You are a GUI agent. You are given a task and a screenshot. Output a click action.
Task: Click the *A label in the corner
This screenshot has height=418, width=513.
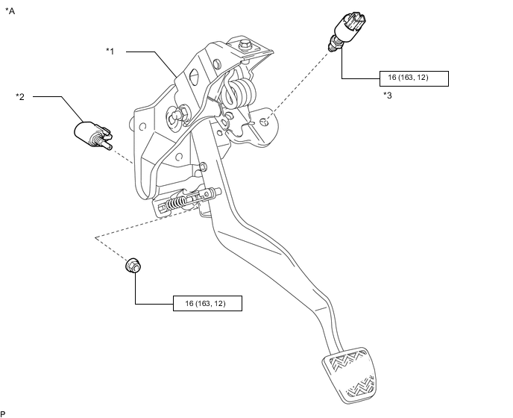click(x=10, y=10)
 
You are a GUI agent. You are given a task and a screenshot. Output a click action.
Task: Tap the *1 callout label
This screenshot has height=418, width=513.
click(x=110, y=52)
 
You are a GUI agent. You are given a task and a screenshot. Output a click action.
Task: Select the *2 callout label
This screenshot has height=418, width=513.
click(x=20, y=96)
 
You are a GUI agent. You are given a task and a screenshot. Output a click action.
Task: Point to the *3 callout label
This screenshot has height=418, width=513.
click(x=387, y=95)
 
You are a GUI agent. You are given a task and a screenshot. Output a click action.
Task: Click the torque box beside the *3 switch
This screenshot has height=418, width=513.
click(x=408, y=78)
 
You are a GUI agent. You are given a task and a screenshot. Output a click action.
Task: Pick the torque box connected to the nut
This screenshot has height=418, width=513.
click(x=208, y=303)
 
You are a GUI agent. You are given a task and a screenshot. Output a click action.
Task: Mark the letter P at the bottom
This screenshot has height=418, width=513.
click(x=4, y=413)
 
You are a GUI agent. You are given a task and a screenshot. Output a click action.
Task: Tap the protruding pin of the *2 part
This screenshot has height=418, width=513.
click(x=110, y=146)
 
